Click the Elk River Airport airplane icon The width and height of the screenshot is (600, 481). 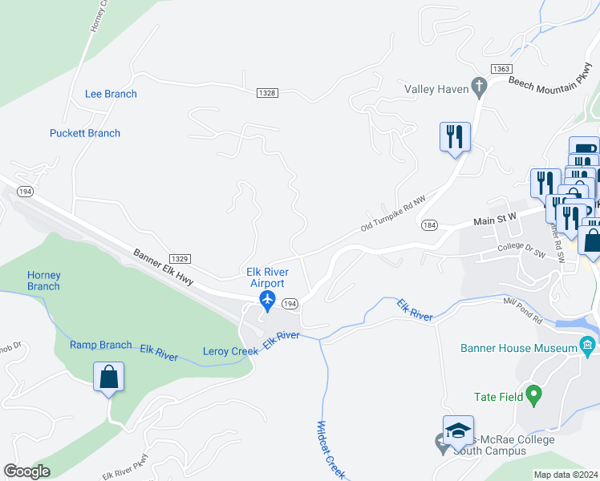(267, 301)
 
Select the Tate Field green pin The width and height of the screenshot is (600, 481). (533, 395)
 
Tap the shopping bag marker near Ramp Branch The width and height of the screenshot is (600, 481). (108, 376)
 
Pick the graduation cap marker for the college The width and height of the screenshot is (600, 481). (457, 430)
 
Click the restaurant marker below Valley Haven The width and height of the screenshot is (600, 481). (454, 135)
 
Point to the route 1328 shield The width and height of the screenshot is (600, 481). (267, 93)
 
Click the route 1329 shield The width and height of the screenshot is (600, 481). (180, 258)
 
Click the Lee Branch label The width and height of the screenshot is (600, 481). (111, 94)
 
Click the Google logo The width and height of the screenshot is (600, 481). (27, 471)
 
